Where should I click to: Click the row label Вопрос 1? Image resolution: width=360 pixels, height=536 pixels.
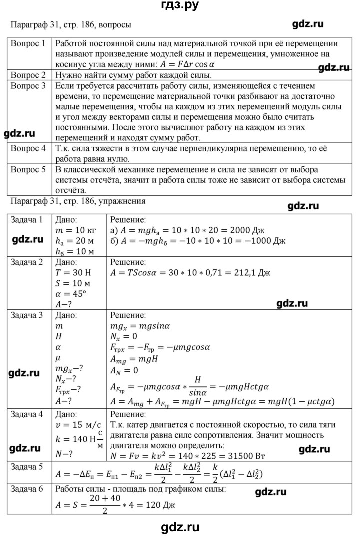point(28,43)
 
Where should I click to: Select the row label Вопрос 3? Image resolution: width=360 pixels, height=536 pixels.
point(28,86)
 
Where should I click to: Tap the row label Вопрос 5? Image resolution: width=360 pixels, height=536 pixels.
point(28,170)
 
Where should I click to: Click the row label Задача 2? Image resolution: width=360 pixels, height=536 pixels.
point(28,262)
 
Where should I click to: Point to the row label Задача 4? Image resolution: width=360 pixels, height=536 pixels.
point(28,414)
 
